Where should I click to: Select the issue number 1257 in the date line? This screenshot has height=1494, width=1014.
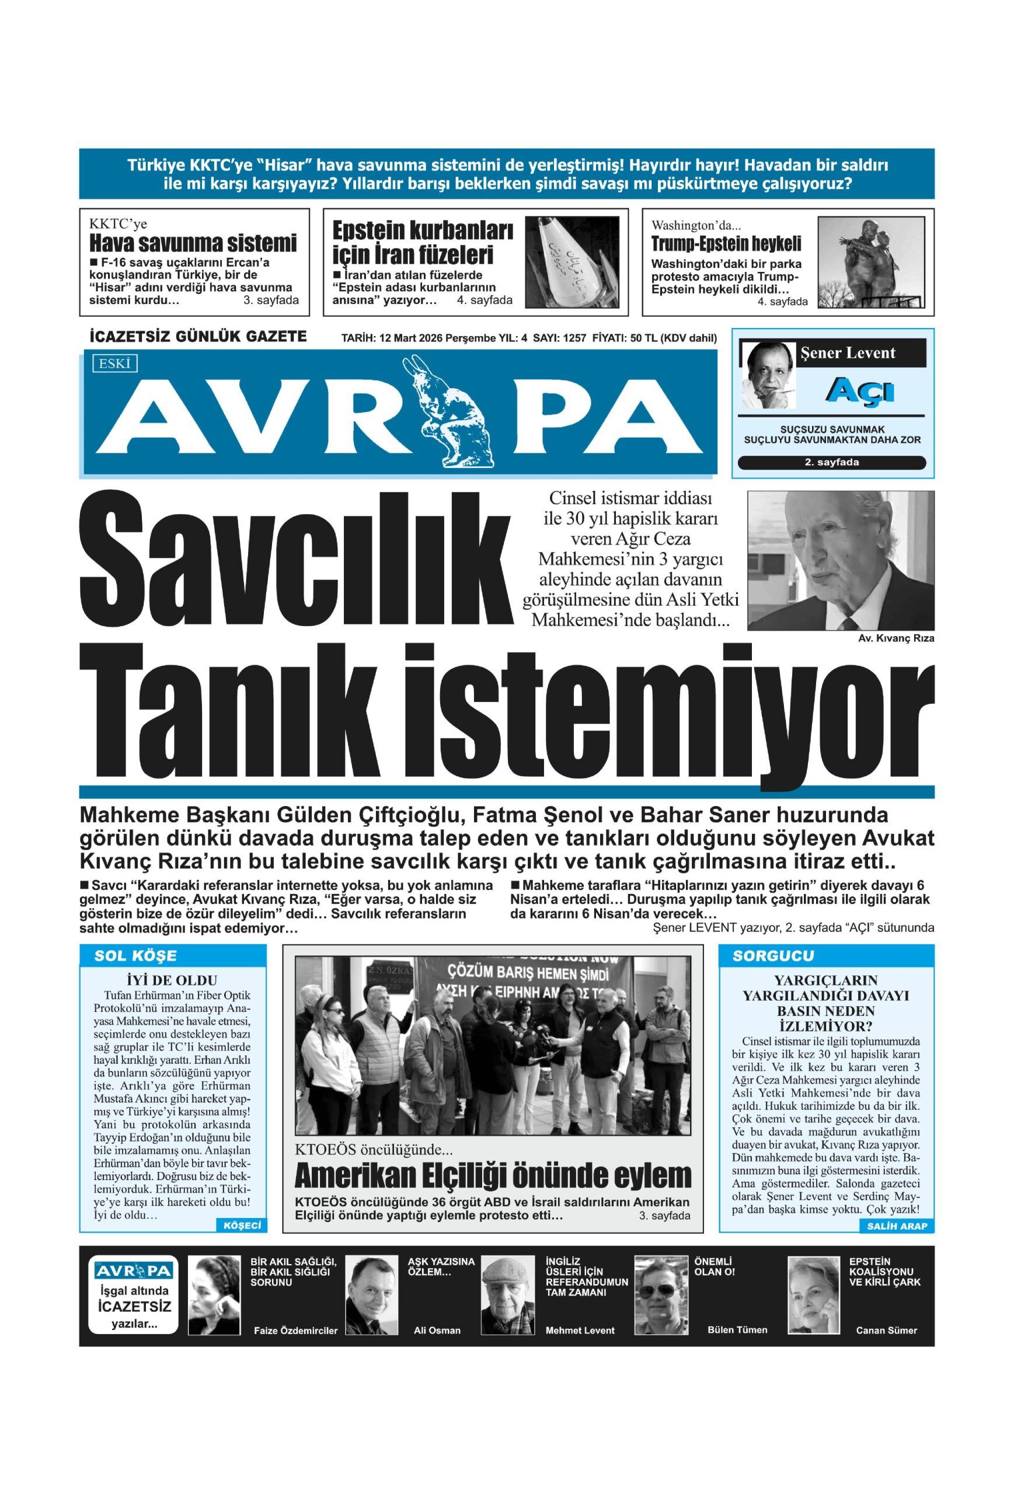point(574,338)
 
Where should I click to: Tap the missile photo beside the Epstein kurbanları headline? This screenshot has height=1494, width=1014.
point(572,261)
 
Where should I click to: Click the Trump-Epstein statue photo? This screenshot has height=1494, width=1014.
point(870,261)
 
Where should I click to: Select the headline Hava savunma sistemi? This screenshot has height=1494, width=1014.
point(193,243)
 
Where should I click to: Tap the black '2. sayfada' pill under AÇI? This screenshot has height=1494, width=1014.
point(832,462)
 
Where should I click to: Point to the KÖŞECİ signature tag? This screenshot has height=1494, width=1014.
point(241,1226)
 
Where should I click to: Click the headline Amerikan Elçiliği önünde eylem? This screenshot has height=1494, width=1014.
point(493,1176)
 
